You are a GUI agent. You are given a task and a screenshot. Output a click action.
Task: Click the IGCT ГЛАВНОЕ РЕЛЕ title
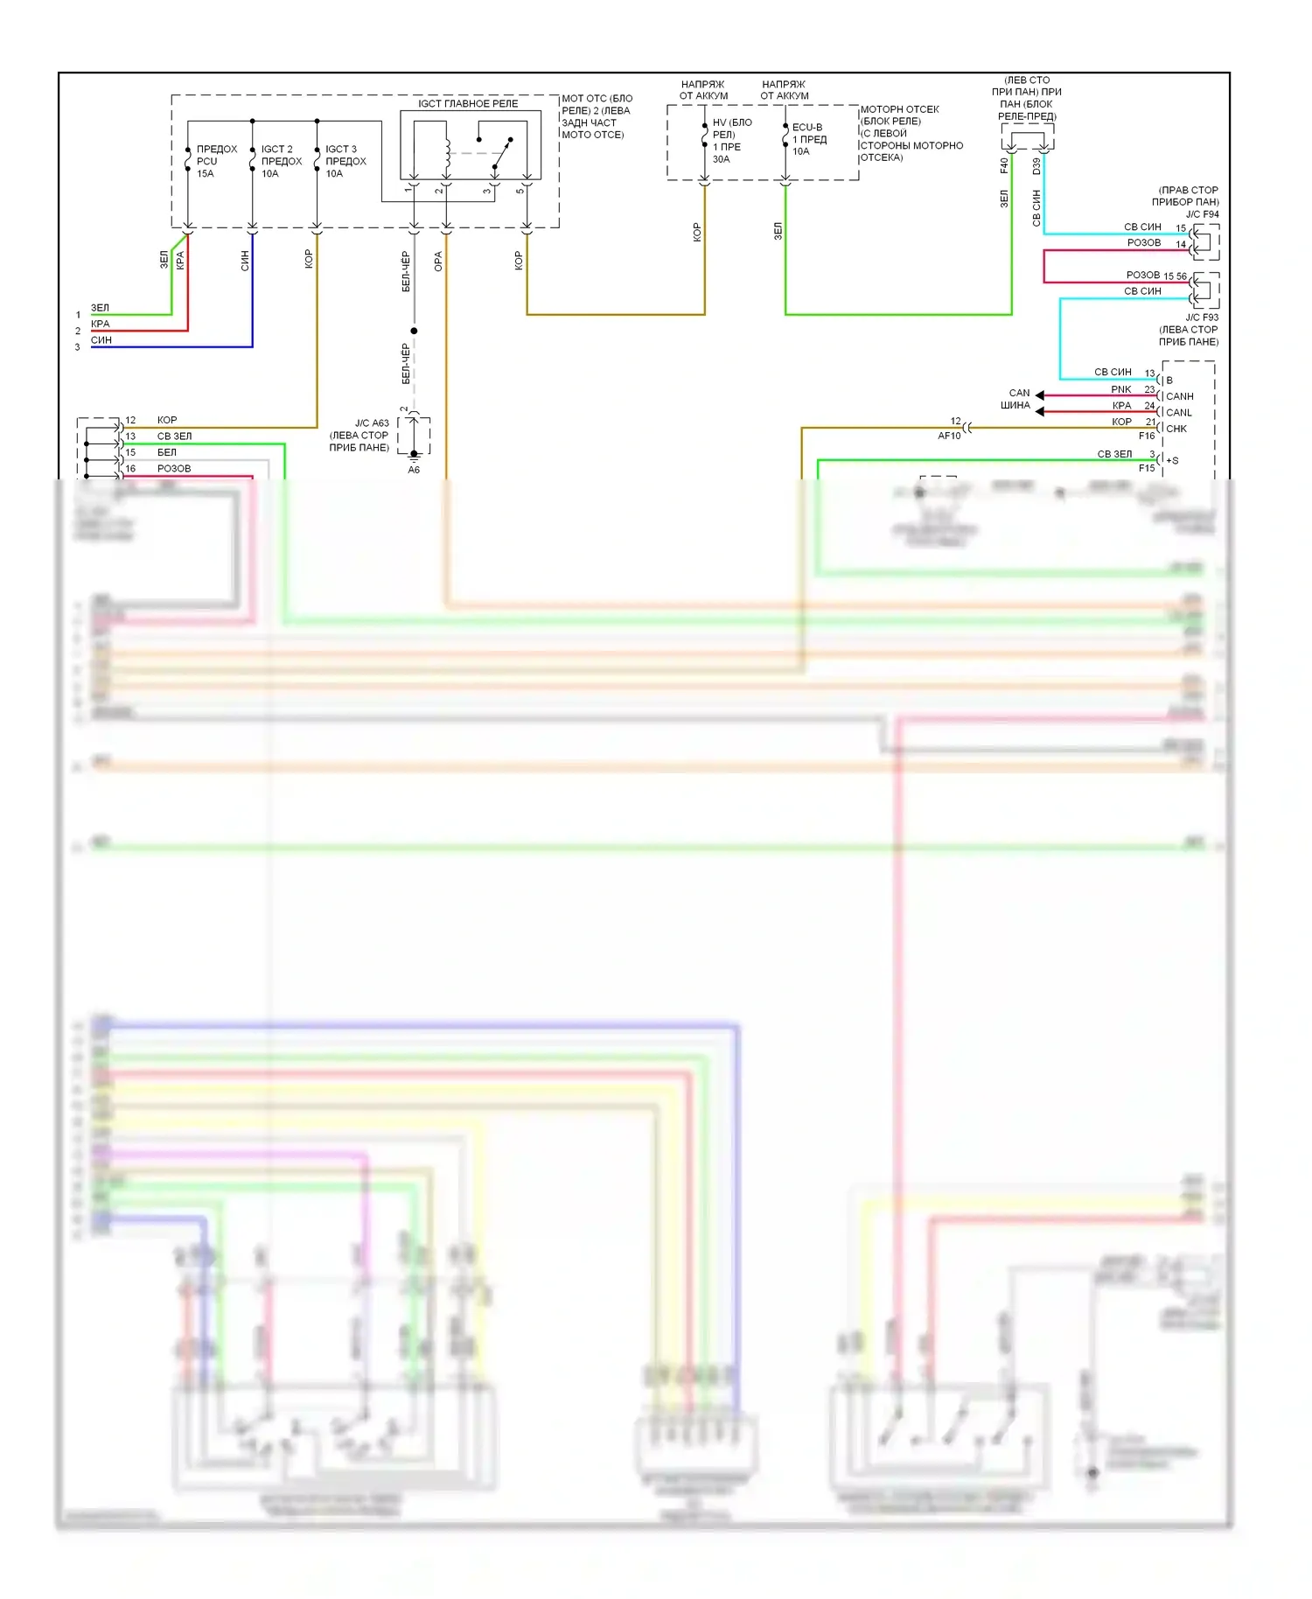click(x=468, y=103)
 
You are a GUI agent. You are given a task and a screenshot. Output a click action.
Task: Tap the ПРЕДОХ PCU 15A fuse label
click(x=216, y=161)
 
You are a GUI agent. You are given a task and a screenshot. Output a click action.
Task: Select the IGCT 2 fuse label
click(x=281, y=161)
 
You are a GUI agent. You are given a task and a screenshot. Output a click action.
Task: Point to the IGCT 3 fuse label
click(x=345, y=161)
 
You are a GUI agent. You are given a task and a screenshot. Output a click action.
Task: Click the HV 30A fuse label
click(x=731, y=141)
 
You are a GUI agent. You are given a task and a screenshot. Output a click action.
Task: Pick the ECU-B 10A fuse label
click(x=808, y=139)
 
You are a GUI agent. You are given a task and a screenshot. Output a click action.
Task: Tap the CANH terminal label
click(x=1179, y=396)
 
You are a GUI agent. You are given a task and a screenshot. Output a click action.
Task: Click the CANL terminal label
click(x=1178, y=413)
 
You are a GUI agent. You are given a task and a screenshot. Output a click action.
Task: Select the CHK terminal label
click(x=1176, y=429)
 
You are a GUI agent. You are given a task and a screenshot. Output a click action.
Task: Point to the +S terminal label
click(x=1172, y=460)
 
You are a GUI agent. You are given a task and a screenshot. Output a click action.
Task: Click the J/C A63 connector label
click(x=372, y=423)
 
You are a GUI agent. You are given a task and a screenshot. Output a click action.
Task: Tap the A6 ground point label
click(x=414, y=470)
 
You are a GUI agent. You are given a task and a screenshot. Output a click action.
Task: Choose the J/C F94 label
click(x=1202, y=214)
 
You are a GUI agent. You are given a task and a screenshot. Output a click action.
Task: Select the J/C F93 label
click(x=1202, y=318)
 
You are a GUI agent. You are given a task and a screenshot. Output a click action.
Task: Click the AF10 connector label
click(x=949, y=436)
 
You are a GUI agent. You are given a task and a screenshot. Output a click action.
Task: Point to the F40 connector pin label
click(x=1004, y=165)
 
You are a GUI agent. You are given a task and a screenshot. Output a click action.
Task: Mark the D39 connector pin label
click(x=1036, y=165)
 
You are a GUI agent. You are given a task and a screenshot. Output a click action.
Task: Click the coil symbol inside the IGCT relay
click(x=447, y=152)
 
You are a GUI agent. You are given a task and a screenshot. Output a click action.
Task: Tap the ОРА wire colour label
click(x=438, y=261)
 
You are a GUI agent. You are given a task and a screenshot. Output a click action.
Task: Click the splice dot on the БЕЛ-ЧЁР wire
click(x=414, y=331)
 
